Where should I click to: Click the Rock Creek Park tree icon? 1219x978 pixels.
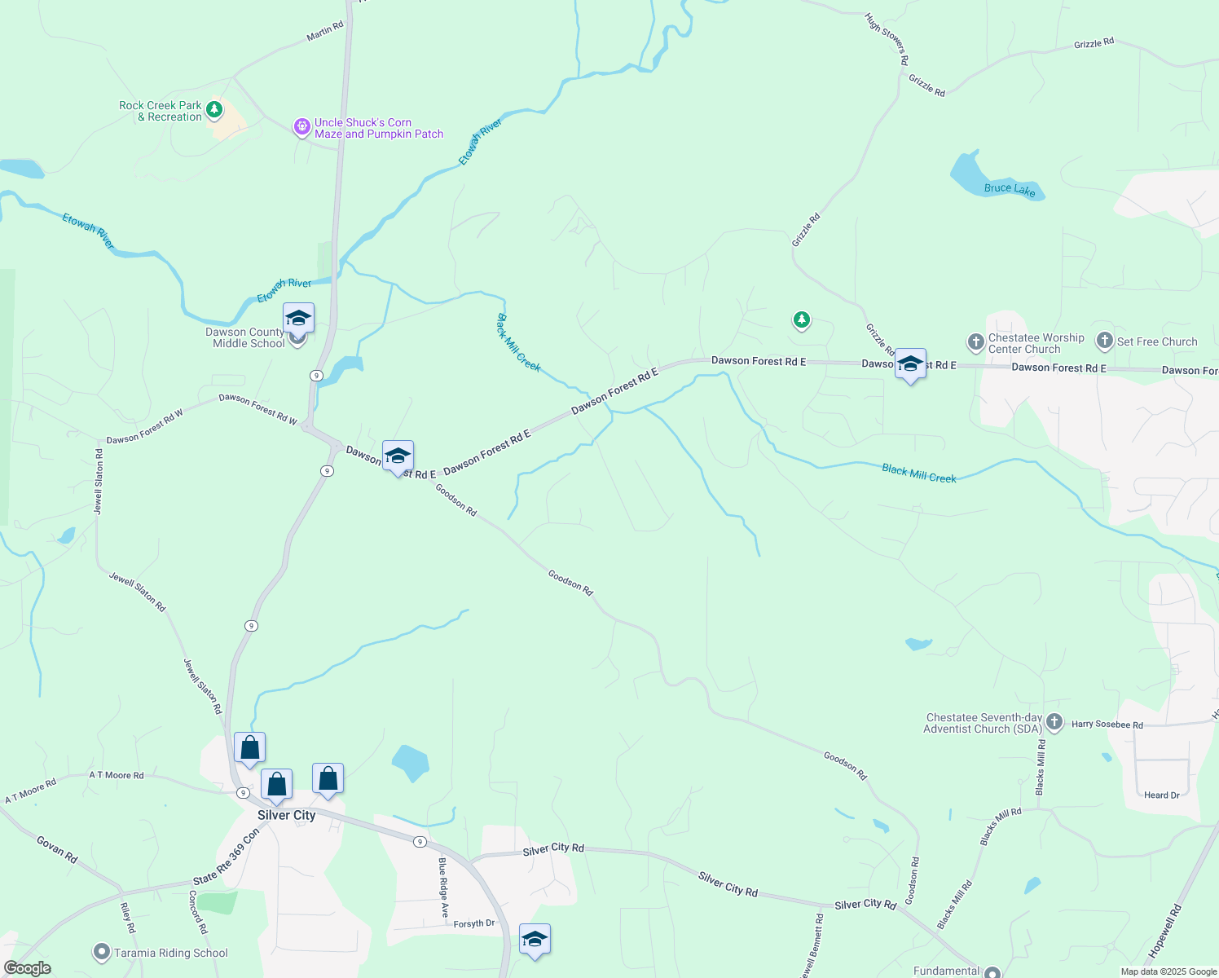pyautogui.click(x=214, y=109)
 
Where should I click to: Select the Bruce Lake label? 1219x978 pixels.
pyautogui.click(x=1009, y=189)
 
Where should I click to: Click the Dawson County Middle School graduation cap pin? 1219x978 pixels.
pyautogui.click(x=298, y=318)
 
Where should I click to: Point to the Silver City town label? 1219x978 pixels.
pyautogui.click(x=286, y=815)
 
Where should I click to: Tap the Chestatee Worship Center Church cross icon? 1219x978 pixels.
pyautogui.click(x=975, y=342)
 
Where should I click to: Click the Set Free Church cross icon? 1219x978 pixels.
pyautogui.click(x=1105, y=341)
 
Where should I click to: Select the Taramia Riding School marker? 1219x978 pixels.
pyautogui.click(x=102, y=952)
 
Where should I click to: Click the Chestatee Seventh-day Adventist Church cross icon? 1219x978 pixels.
pyautogui.click(x=1054, y=722)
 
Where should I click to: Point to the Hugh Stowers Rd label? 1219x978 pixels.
pyautogui.click(x=887, y=38)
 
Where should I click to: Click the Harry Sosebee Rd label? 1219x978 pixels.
pyautogui.click(x=1107, y=725)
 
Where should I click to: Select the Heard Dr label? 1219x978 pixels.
pyautogui.click(x=1161, y=795)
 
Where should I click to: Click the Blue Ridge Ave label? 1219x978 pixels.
pyautogui.click(x=443, y=888)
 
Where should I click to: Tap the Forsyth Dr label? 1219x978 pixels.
pyautogui.click(x=474, y=924)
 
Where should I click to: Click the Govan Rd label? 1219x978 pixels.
pyautogui.click(x=57, y=849)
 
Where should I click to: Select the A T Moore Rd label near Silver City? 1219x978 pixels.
pyautogui.click(x=116, y=775)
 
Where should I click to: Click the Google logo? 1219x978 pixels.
pyautogui.click(x=28, y=968)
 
